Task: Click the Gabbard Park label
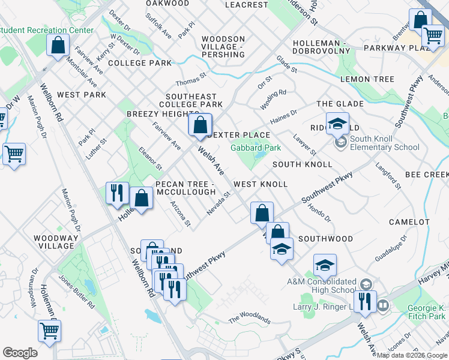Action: (x=256, y=148)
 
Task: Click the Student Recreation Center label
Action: (x=47, y=30)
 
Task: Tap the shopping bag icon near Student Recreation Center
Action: (x=58, y=45)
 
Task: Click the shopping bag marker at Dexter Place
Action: (x=200, y=125)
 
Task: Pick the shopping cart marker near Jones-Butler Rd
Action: (x=49, y=330)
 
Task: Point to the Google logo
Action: (x=20, y=352)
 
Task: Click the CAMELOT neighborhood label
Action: (x=409, y=222)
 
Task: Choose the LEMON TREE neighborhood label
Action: (x=367, y=79)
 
